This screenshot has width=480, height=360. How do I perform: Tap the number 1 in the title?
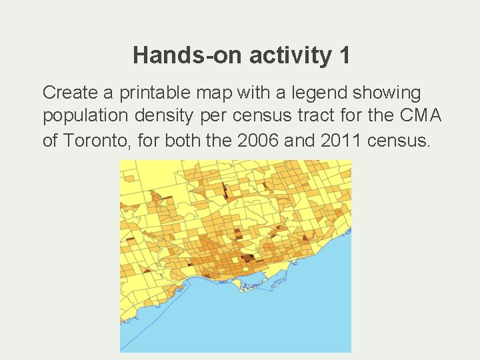343,55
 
